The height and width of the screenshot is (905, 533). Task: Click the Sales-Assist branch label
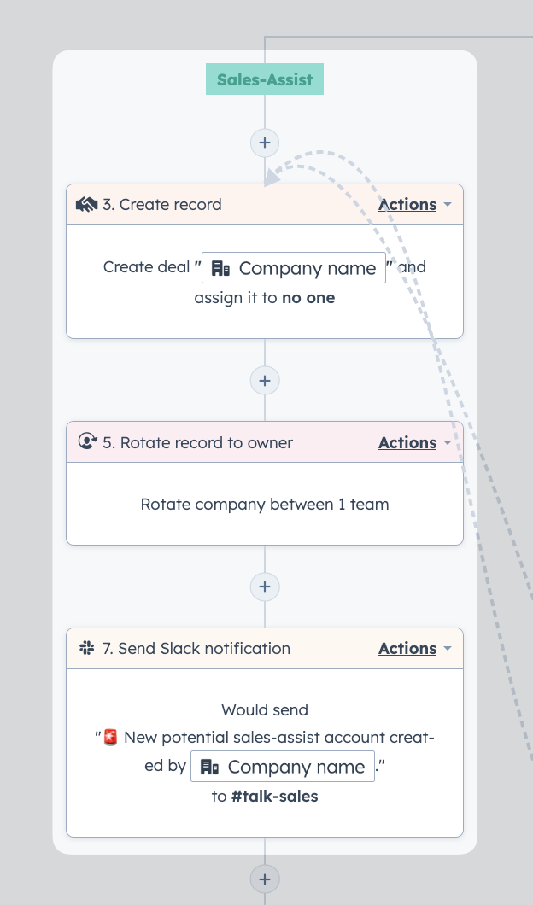(265, 79)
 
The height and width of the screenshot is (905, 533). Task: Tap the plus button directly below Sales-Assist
(265, 143)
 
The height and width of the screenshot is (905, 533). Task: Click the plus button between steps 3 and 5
(265, 380)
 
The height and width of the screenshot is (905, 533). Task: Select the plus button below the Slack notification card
(265, 879)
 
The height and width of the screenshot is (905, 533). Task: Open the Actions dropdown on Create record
(414, 204)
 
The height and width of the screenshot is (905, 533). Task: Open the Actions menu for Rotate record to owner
(414, 443)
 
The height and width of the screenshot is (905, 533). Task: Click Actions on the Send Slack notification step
(414, 648)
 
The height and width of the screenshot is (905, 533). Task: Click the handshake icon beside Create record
(86, 204)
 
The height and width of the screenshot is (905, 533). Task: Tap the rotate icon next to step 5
(87, 441)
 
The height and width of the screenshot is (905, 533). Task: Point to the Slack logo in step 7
(86, 648)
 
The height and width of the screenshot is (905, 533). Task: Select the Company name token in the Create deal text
(293, 268)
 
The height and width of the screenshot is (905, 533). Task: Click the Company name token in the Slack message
(283, 767)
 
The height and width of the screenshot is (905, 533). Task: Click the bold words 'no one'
(308, 298)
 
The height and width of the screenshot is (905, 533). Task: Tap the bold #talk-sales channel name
(274, 797)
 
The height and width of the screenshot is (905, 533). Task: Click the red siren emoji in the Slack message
(110, 737)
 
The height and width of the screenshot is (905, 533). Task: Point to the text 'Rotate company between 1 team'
(265, 505)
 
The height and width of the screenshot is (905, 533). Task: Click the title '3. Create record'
(161, 204)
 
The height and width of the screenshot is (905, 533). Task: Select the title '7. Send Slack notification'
(196, 648)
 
